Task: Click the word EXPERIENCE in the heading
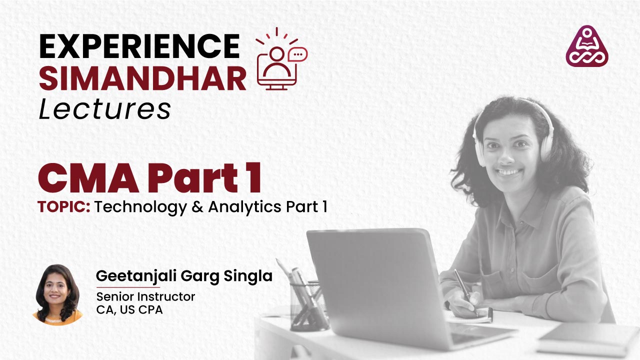tap(139, 46)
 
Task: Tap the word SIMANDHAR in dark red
tap(142, 78)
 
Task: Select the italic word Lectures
tap(104, 109)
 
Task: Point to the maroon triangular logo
tap(586, 46)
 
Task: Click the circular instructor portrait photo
tap(57, 294)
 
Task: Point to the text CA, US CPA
tap(129, 309)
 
